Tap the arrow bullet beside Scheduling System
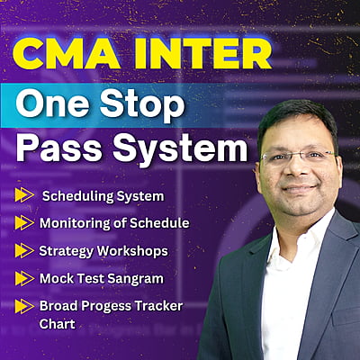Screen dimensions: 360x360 pyautogui.click(x=22, y=194)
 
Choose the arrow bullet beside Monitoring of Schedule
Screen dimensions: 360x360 pyautogui.click(x=22, y=222)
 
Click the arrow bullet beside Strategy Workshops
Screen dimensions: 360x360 pyautogui.click(x=22, y=250)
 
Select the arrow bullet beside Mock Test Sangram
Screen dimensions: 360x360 pyautogui.click(x=22, y=278)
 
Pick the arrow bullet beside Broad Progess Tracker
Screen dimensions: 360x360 pyautogui.click(x=22, y=306)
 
